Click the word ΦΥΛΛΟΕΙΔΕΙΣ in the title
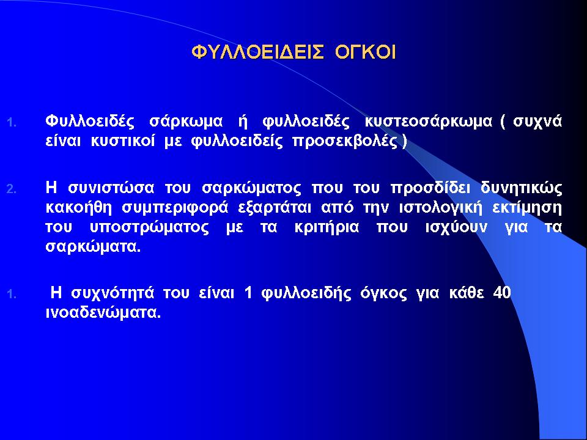tap(257, 53)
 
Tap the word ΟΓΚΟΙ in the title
tap(366, 53)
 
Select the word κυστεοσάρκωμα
tap(428, 122)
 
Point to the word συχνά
tap(537, 122)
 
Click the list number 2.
tap(12, 189)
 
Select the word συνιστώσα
tap(111, 188)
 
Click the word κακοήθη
tap(79, 208)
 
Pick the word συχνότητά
tap(113, 293)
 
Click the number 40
tap(502, 293)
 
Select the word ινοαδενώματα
tap(103, 313)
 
